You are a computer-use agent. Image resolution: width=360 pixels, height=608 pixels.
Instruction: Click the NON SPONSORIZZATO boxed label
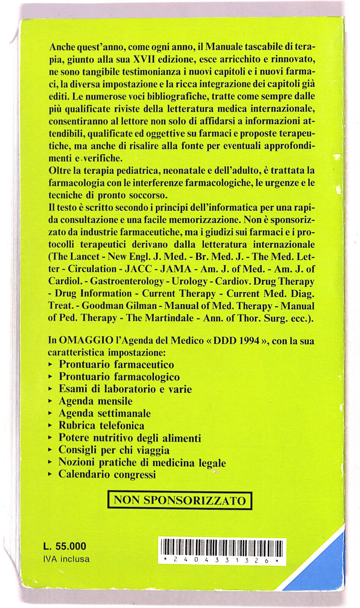(x=180, y=500)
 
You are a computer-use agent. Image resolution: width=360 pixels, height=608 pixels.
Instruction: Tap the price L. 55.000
(x=65, y=546)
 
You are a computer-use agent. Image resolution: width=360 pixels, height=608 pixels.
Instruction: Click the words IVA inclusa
(x=66, y=559)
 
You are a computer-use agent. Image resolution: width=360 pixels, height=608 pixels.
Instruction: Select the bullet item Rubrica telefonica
(x=101, y=426)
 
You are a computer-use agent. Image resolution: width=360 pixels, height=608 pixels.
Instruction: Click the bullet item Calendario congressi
(x=107, y=474)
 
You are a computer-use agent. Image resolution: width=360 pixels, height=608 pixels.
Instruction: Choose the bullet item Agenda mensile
(x=95, y=401)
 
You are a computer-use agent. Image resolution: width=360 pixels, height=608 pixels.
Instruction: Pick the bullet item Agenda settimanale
(x=104, y=413)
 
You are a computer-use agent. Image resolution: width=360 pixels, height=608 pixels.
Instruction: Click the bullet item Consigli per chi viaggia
(x=114, y=450)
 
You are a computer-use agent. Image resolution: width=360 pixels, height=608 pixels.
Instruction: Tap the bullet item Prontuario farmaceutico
(x=116, y=365)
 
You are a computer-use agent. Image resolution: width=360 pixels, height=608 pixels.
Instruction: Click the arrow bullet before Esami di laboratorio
(x=51, y=389)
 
